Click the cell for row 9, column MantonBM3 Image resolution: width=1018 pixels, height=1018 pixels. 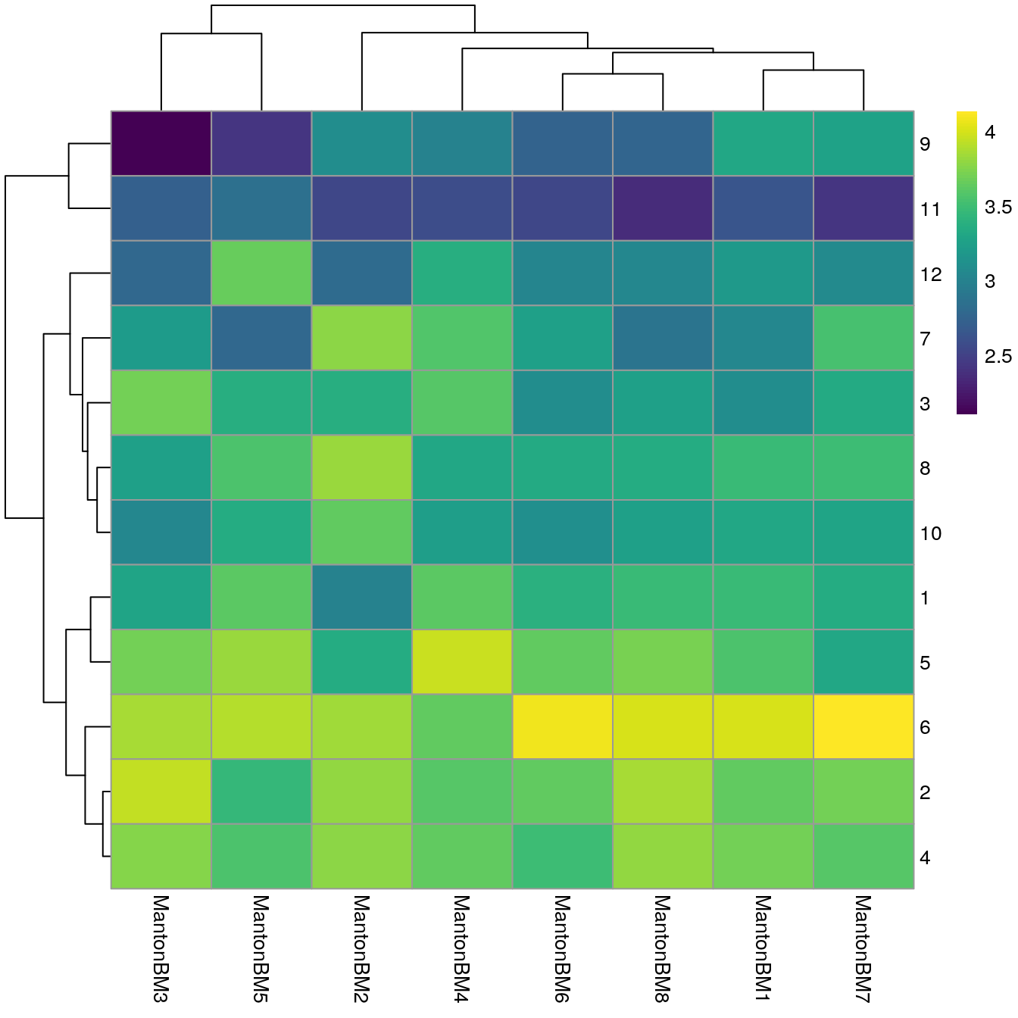(161, 144)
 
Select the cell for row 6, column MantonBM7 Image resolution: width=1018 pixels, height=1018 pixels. (863, 727)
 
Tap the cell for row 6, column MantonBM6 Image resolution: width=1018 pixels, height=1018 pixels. (563, 727)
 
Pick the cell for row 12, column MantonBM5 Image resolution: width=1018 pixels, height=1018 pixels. (261, 273)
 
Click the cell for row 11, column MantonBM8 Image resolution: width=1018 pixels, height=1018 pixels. (663, 209)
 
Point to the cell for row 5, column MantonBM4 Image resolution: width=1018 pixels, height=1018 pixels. (462, 662)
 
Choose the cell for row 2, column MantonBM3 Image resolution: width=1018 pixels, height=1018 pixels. (161, 792)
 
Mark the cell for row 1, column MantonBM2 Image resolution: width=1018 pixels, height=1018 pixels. (362, 598)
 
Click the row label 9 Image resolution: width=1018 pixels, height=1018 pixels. (925, 144)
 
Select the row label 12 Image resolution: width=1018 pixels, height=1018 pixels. (931, 274)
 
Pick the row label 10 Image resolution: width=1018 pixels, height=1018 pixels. (931, 533)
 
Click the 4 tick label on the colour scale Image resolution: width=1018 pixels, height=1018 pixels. (990, 132)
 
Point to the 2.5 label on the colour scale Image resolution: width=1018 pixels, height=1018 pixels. (998, 356)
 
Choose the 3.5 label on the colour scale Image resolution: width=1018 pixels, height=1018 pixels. (998, 207)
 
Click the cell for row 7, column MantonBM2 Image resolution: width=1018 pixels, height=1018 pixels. (362, 339)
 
